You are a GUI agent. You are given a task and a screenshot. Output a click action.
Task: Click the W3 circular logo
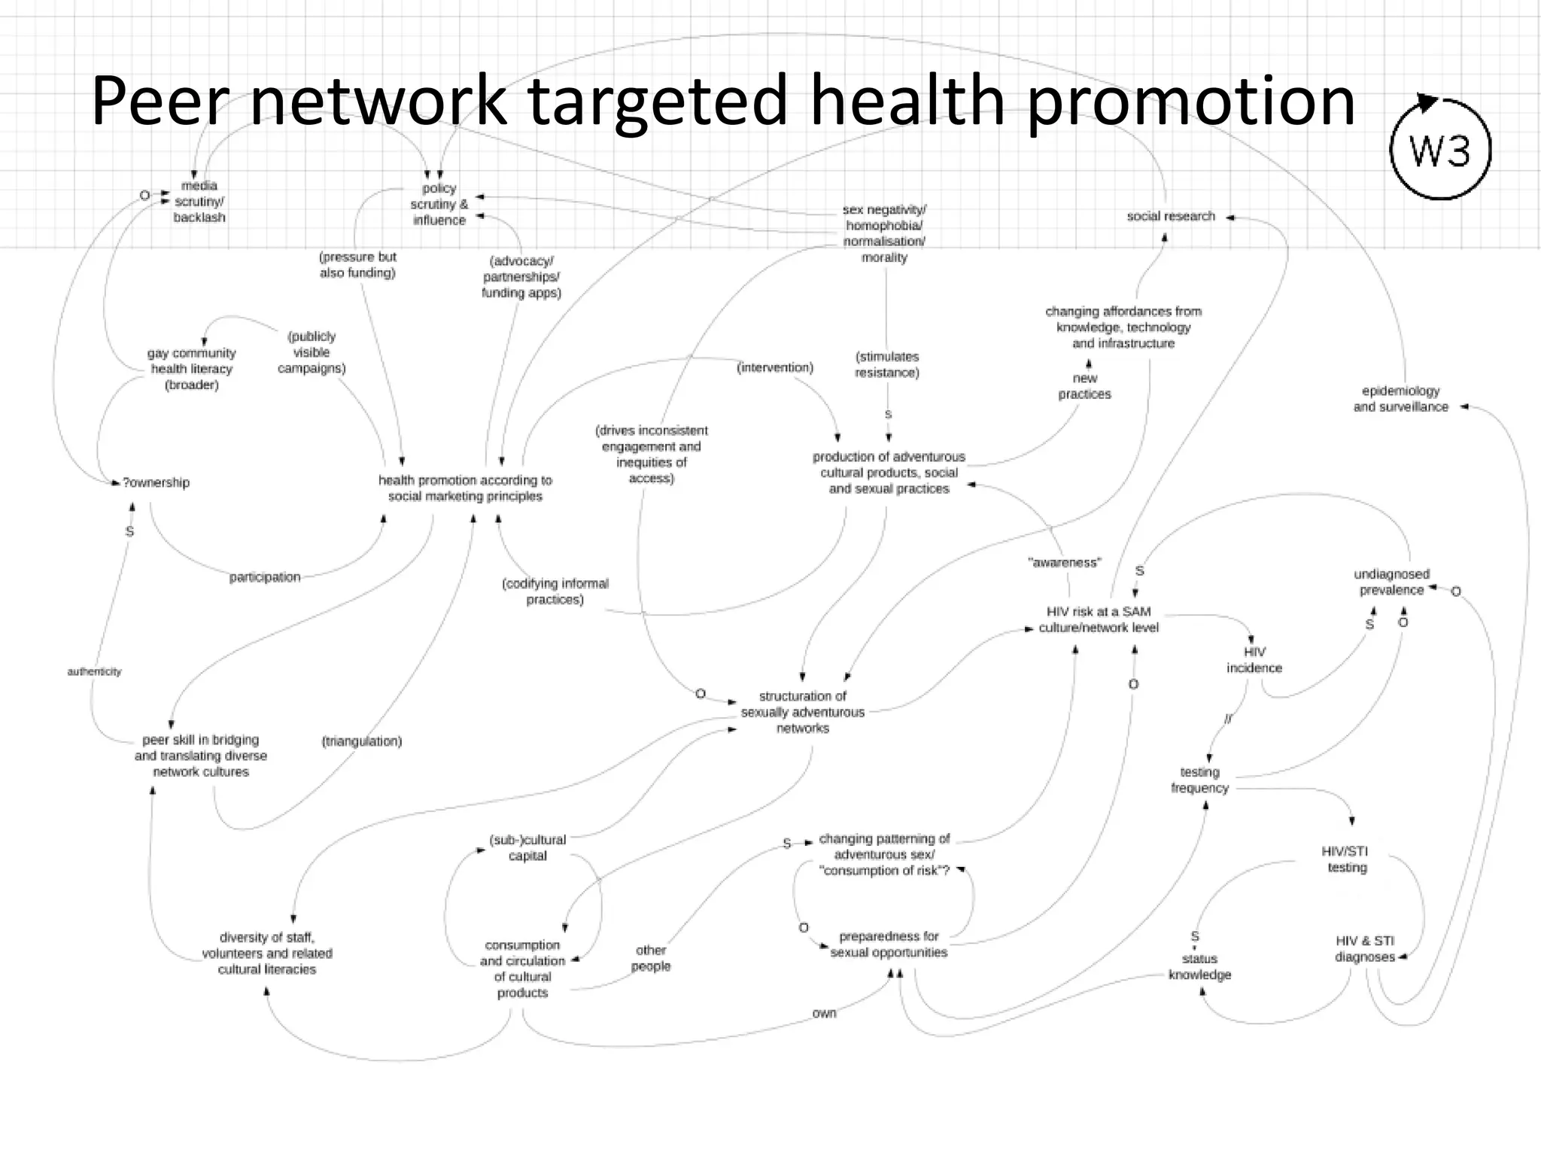1439,151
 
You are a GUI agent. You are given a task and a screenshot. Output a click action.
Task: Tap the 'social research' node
1171,217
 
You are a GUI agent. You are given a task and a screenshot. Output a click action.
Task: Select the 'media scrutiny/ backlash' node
199,202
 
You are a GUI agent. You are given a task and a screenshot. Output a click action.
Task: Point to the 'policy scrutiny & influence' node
439,205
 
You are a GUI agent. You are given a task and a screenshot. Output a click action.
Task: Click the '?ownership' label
156,482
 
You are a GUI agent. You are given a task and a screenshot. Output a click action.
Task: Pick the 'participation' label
265,577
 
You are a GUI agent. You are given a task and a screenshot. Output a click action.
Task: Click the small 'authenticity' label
94,671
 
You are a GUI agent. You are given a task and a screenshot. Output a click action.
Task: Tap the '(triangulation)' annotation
361,741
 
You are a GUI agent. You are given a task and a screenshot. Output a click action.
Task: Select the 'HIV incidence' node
1254,660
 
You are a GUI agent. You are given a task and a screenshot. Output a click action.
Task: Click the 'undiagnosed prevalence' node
1391,583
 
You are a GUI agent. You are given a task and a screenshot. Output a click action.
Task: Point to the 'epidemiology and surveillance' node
1400,399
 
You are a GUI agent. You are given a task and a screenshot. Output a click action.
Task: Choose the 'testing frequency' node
1199,780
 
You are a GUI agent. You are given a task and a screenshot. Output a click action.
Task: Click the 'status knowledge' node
1199,967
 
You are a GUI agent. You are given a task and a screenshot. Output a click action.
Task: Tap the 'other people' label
650,958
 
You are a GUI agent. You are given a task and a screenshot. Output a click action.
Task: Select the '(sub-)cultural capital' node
527,848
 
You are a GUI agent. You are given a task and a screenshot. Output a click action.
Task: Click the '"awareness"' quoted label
1064,563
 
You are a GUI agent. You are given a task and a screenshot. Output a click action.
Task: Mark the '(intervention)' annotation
775,368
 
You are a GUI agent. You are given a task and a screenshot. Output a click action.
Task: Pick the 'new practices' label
1084,387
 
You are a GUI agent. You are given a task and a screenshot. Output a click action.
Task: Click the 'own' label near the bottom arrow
824,1014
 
